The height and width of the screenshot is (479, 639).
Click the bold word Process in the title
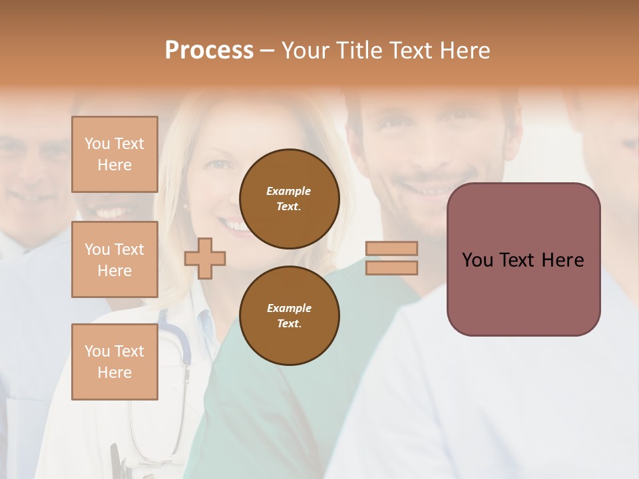coord(209,50)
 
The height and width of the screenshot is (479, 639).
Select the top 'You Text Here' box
coord(114,154)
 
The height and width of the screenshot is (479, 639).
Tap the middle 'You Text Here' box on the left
coord(114,259)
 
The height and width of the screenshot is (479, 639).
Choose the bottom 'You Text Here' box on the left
coord(114,362)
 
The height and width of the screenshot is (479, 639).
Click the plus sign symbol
coord(205,258)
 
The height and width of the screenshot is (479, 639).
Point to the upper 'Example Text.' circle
coord(289,199)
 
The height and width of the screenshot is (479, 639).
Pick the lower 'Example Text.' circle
coord(289,316)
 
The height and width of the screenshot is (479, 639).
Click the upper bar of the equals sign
coord(392,248)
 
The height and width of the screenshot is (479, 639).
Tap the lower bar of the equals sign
coord(392,267)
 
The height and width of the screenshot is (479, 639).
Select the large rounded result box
coord(523,259)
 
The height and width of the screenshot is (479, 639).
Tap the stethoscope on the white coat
coord(174,346)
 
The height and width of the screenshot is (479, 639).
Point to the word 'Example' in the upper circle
coord(289,191)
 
